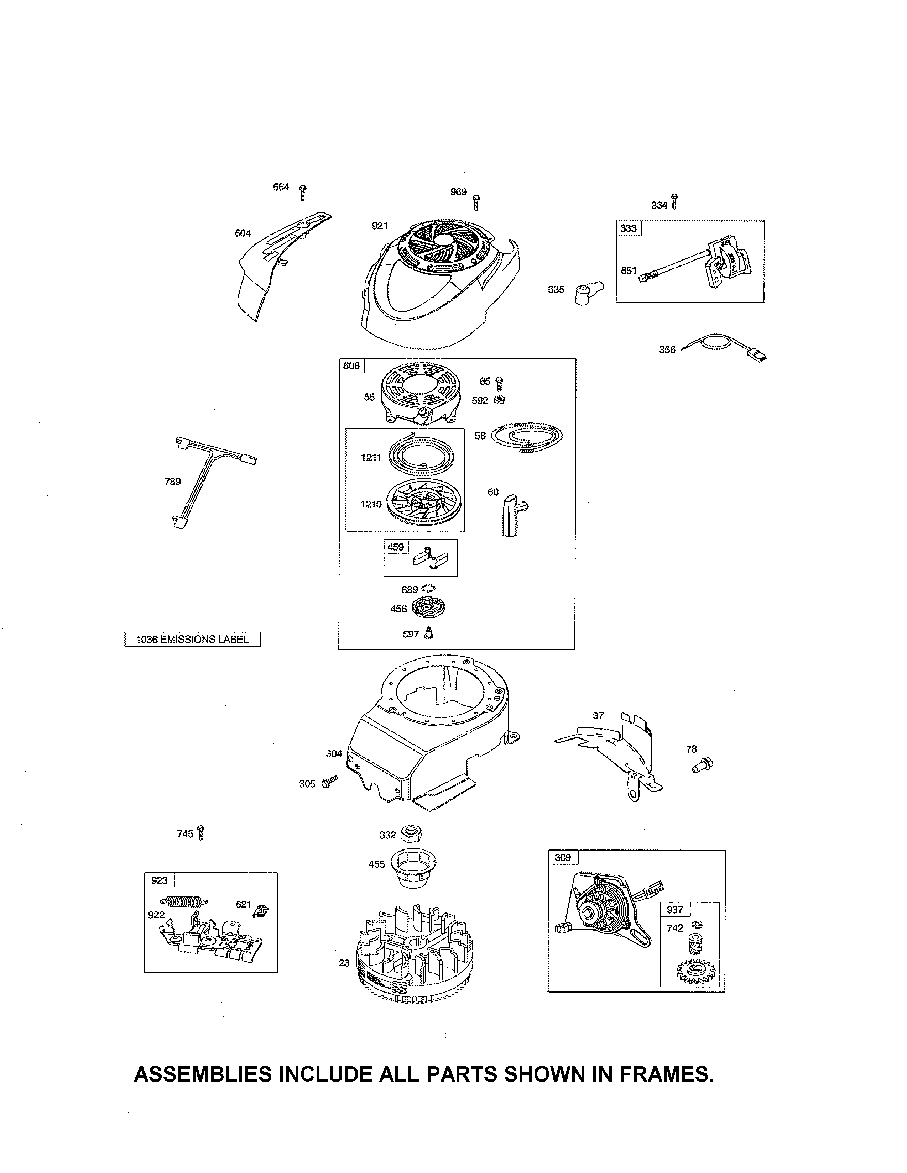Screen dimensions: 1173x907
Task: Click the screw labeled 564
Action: pos(303,193)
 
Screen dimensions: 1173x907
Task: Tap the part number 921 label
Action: pos(379,226)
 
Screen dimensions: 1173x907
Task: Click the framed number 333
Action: pos(628,228)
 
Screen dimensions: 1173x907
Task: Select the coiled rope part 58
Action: pos(527,436)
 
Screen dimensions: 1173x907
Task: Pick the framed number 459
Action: pos(396,547)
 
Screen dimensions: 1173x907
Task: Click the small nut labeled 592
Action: pos(500,400)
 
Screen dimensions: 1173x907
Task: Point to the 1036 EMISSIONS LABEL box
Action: pos(192,639)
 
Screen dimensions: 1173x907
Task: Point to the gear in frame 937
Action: pos(695,972)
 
